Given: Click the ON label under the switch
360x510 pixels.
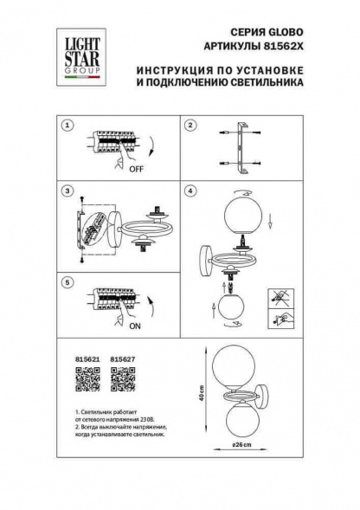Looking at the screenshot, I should click(x=135, y=327).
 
